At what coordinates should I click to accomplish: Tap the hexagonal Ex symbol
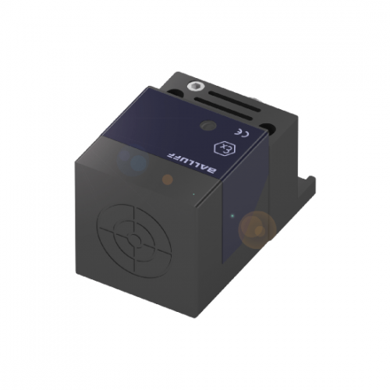tap(224, 147)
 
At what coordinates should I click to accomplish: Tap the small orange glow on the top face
tap(168, 179)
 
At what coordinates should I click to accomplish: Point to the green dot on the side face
tap(231, 214)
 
